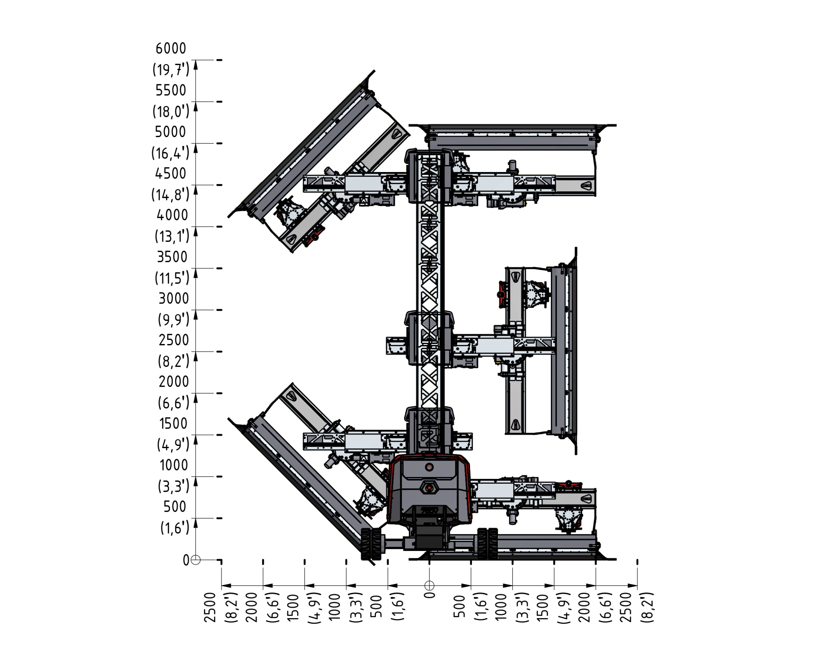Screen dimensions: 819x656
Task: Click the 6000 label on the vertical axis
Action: click(x=171, y=49)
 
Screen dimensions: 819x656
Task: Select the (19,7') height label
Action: click(x=171, y=70)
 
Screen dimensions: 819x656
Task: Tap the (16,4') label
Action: click(x=170, y=153)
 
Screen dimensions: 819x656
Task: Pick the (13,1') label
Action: click(x=172, y=236)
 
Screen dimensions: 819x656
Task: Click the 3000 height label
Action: click(x=174, y=299)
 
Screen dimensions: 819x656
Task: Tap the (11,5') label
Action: click(x=172, y=278)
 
